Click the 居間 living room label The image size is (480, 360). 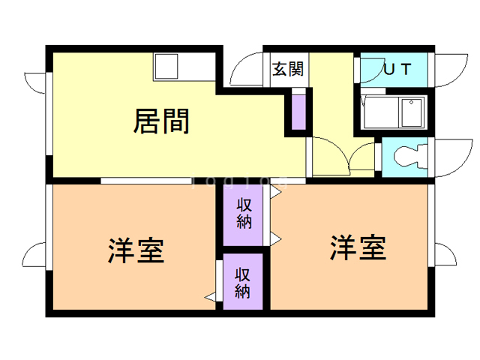tap(160, 120)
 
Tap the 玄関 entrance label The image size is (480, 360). tap(287, 70)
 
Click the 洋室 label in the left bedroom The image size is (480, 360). tap(136, 250)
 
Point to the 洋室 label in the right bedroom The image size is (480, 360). tap(358, 247)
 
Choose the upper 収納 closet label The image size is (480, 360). tap(244, 213)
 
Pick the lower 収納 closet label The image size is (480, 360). tap(241, 282)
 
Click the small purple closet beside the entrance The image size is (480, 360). tap(299, 110)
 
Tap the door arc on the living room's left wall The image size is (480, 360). tap(36, 86)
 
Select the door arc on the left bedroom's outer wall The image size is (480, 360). tap(36, 256)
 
